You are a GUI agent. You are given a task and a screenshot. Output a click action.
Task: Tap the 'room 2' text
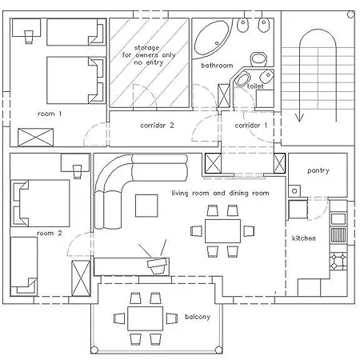[49, 233]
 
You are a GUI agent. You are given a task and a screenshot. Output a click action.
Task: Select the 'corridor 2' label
[157, 126]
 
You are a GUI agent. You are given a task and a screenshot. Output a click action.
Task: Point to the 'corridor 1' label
[251, 126]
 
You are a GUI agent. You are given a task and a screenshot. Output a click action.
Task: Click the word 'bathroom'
[216, 65]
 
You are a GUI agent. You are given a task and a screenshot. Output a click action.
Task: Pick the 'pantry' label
[318, 171]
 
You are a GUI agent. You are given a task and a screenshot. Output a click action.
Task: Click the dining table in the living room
[222, 230]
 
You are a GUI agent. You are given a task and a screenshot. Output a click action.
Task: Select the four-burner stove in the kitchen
[338, 261]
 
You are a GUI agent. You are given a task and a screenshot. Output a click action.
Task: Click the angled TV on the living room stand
[157, 262]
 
